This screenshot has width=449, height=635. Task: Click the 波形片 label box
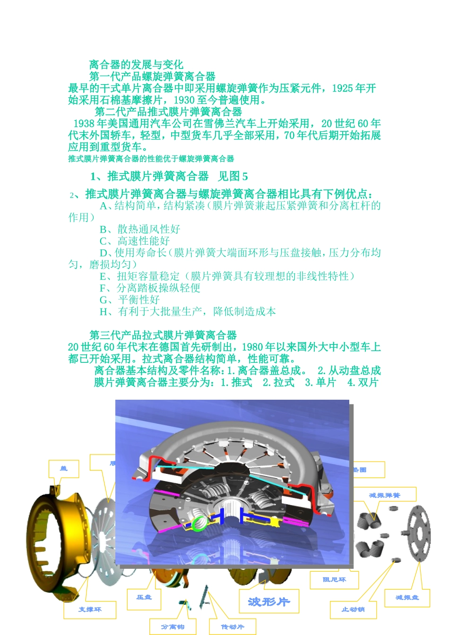pos(269,601)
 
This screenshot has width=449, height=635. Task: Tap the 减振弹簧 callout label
pos(385,495)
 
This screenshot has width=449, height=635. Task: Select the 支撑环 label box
pos(90,609)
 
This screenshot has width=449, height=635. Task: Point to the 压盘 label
pos(144,598)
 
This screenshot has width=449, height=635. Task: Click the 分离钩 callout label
pos(173,626)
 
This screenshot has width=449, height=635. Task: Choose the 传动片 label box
pos(233,626)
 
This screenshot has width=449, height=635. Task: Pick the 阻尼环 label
pos(334,580)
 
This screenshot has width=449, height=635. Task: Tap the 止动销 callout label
pos(353,609)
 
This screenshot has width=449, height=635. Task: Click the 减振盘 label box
pos(407,598)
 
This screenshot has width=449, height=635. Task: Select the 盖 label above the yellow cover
pos(64,468)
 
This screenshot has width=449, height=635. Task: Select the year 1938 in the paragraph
pos(85,124)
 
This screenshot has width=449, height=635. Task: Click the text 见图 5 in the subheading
pos(233,177)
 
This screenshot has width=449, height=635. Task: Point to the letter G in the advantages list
pos(104,300)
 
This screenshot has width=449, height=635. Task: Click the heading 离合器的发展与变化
pos(136,65)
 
